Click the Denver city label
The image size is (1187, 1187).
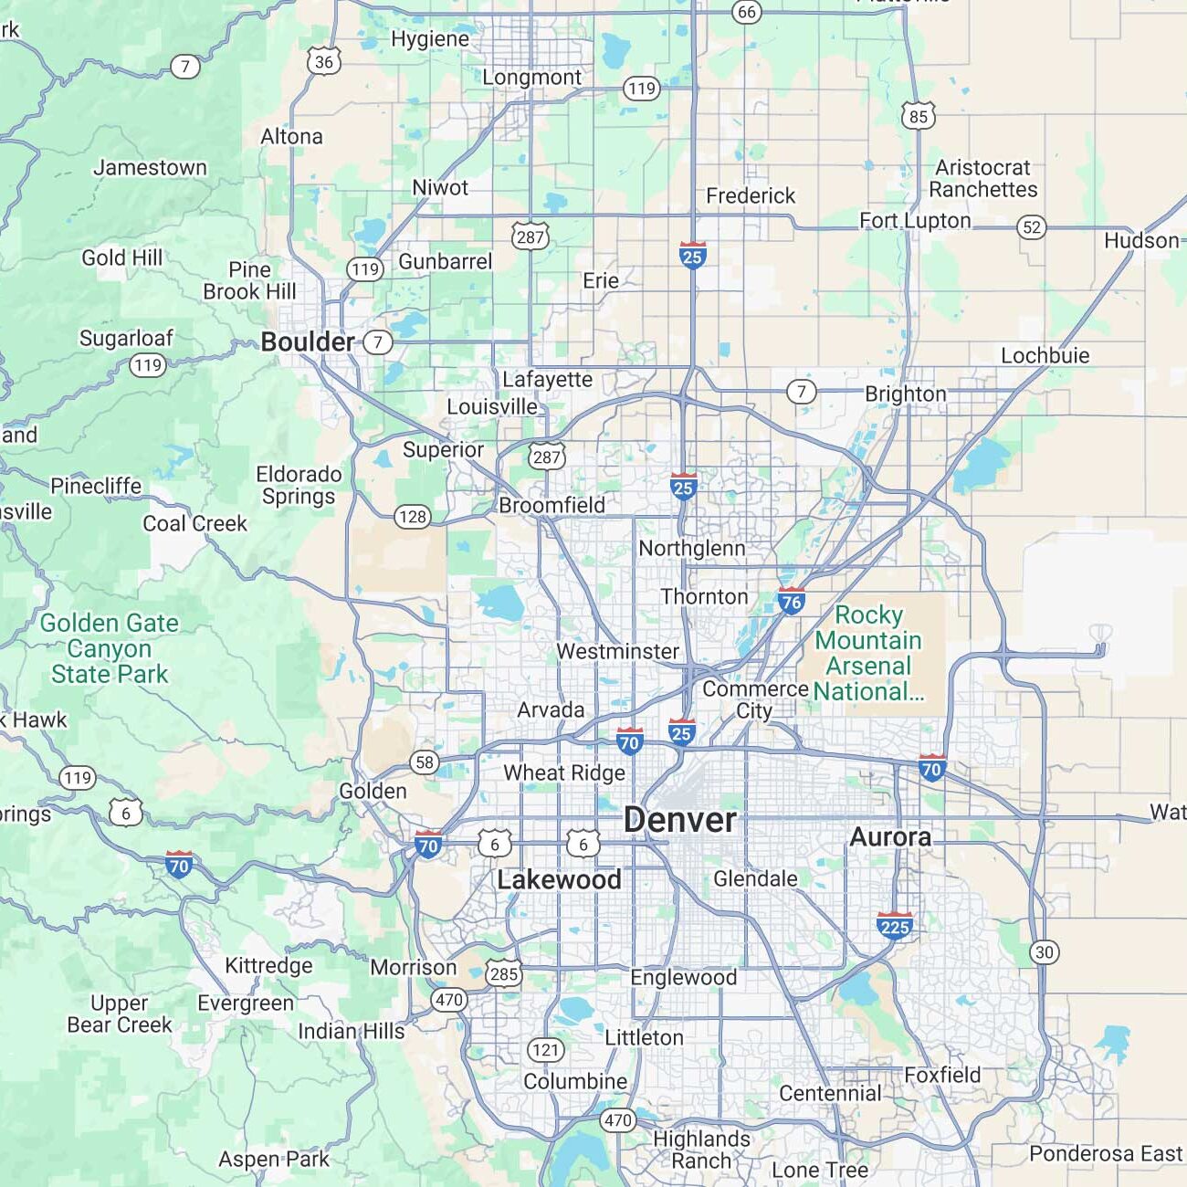tap(679, 820)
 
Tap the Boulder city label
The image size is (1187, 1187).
tap(308, 341)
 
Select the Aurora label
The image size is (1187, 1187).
tap(890, 836)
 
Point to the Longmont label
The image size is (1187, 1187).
tap(531, 78)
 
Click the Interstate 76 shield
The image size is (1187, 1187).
tap(791, 601)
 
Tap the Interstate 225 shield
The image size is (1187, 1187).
tap(894, 926)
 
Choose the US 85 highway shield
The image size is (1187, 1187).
tap(919, 116)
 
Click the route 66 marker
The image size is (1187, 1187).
tap(747, 12)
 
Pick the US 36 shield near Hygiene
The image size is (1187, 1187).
tap(324, 61)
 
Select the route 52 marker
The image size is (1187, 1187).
tap(1032, 227)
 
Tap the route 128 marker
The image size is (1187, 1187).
tap(413, 517)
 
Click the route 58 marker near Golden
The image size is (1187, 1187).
tap(425, 762)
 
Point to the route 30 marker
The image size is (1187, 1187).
tap(1045, 952)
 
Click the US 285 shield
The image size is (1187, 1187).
tap(503, 973)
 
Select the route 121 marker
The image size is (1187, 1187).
tap(545, 1050)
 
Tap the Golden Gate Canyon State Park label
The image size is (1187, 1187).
tap(110, 648)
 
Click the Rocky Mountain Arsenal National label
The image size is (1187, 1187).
tap(868, 653)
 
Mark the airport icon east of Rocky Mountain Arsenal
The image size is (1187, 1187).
tap(1101, 633)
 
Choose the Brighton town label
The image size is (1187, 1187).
tap(905, 394)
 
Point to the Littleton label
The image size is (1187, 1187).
tap(644, 1037)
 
